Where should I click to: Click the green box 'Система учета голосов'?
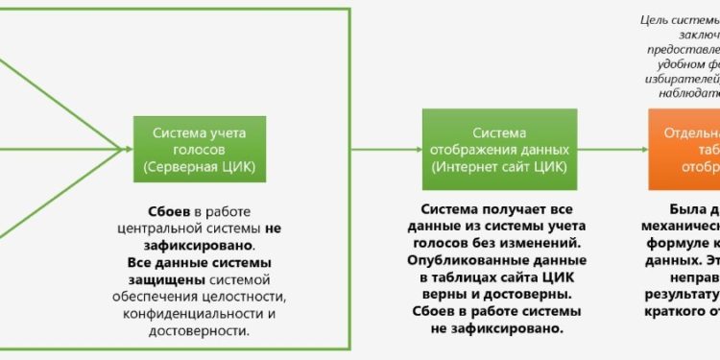click(199, 150)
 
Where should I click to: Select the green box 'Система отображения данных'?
click(500, 150)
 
